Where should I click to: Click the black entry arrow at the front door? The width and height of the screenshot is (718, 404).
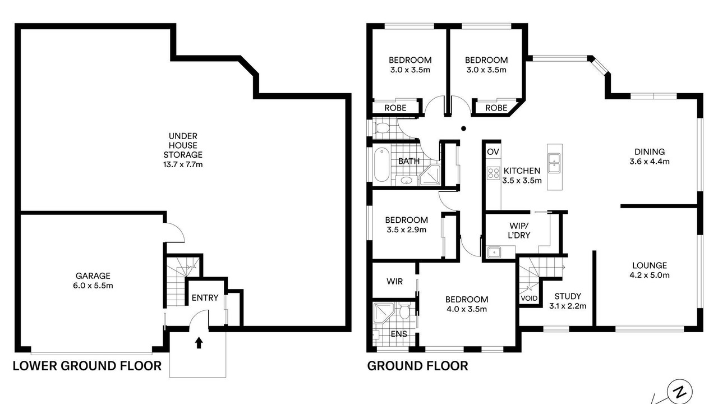(199, 342)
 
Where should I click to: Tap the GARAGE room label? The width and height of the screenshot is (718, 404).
(93, 281)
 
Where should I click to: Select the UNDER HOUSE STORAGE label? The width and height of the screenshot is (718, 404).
(183, 150)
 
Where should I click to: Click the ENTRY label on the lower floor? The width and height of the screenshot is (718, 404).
(205, 298)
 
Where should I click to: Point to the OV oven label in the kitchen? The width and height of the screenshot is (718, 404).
(493, 151)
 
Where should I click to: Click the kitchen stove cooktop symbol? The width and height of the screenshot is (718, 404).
(494, 173)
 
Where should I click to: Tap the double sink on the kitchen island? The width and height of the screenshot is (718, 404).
(554, 163)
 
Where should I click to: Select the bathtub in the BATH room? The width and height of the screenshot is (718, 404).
(381, 164)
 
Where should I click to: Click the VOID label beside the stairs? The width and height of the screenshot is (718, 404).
(529, 298)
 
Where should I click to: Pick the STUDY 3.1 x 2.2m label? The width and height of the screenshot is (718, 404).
(568, 301)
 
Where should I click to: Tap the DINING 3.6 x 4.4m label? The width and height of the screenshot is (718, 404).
(650, 157)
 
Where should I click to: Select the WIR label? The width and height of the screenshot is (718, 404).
(394, 282)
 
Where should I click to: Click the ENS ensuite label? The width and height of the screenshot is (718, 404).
(399, 334)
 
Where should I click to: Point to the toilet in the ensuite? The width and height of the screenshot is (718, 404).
(404, 311)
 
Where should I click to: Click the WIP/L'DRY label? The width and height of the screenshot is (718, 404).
(519, 230)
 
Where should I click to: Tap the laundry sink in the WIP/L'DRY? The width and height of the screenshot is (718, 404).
(494, 252)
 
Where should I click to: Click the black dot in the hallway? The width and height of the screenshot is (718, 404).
(463, 128)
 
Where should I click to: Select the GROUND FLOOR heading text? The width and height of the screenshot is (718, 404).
(417, 366)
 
